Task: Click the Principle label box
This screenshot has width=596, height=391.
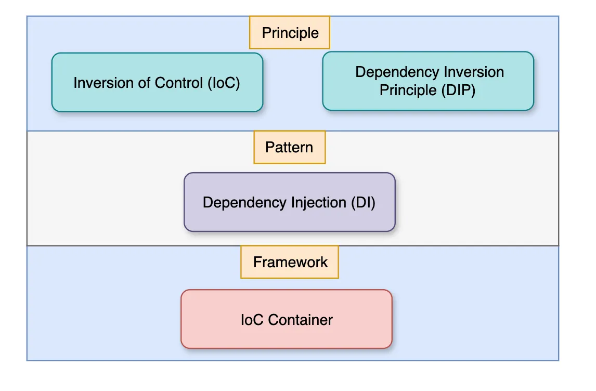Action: [290, 33]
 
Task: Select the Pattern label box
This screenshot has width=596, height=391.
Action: [289, 147]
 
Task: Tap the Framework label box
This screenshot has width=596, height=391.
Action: [290, 262]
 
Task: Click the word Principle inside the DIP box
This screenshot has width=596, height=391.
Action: [407, 90]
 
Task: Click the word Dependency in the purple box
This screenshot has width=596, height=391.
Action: [237, 202]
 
